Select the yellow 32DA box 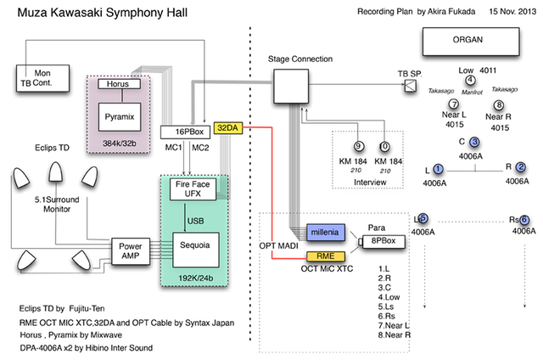pyautogui.click(x=228, y=127)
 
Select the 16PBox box pyautogui.click(x=185, y=132)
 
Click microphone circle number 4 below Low pyautogui.click(x=469, y=81)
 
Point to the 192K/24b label pyautogui.click(x=195, y=275)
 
